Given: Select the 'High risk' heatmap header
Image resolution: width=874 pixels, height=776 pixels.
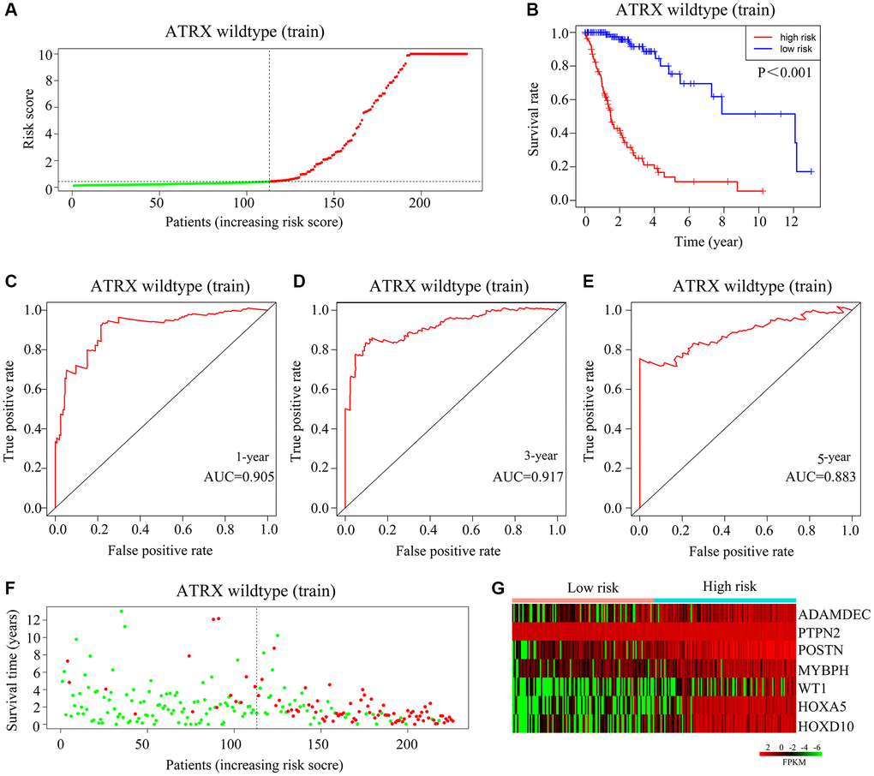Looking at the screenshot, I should point(727,588).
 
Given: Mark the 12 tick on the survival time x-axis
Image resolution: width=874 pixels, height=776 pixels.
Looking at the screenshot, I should point(788,221).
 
